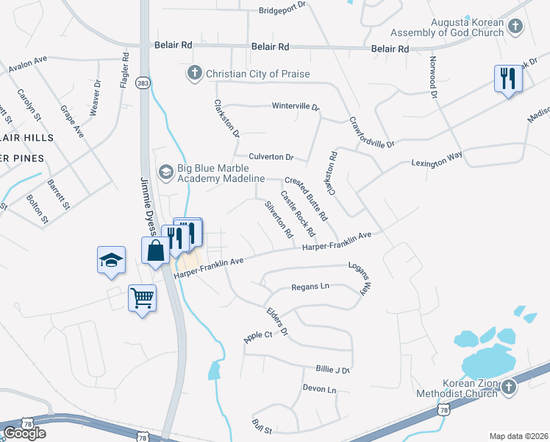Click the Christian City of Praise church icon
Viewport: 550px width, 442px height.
click(x=195, y=73)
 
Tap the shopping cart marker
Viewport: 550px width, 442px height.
click(x=142, y=298)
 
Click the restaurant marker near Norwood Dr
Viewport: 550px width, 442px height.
click(x=507, y=78)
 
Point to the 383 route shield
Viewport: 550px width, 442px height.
click(x=144, y=83)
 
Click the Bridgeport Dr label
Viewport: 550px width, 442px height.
click(x=286, y=11)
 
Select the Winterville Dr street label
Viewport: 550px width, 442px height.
click(x=296, y=106)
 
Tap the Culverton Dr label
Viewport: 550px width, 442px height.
click(x=271, y=157)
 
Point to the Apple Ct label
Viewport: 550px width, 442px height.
click(x=258, y=335)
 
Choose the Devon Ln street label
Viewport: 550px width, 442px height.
click(x=319, y=387)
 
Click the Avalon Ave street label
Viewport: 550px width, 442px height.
click(x=28, y=64)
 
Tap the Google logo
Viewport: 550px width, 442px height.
click(x=24, y=432)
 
